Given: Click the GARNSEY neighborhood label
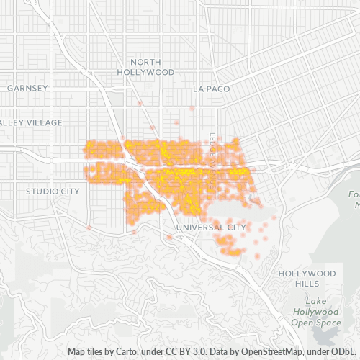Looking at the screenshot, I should [x=27, y=88].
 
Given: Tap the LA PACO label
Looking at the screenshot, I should [x=210, y=89].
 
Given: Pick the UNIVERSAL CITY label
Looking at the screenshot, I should [x=211, y=228].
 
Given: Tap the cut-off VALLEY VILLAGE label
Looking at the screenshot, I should [x=22, y=122].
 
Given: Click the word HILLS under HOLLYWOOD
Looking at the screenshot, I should [x=307, y=284].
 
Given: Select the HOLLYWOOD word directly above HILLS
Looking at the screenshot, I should [x=307, y=274].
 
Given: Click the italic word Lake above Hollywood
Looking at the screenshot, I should [x=316, y=300].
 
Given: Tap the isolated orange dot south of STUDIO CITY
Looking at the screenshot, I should [x=89, y=228].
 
